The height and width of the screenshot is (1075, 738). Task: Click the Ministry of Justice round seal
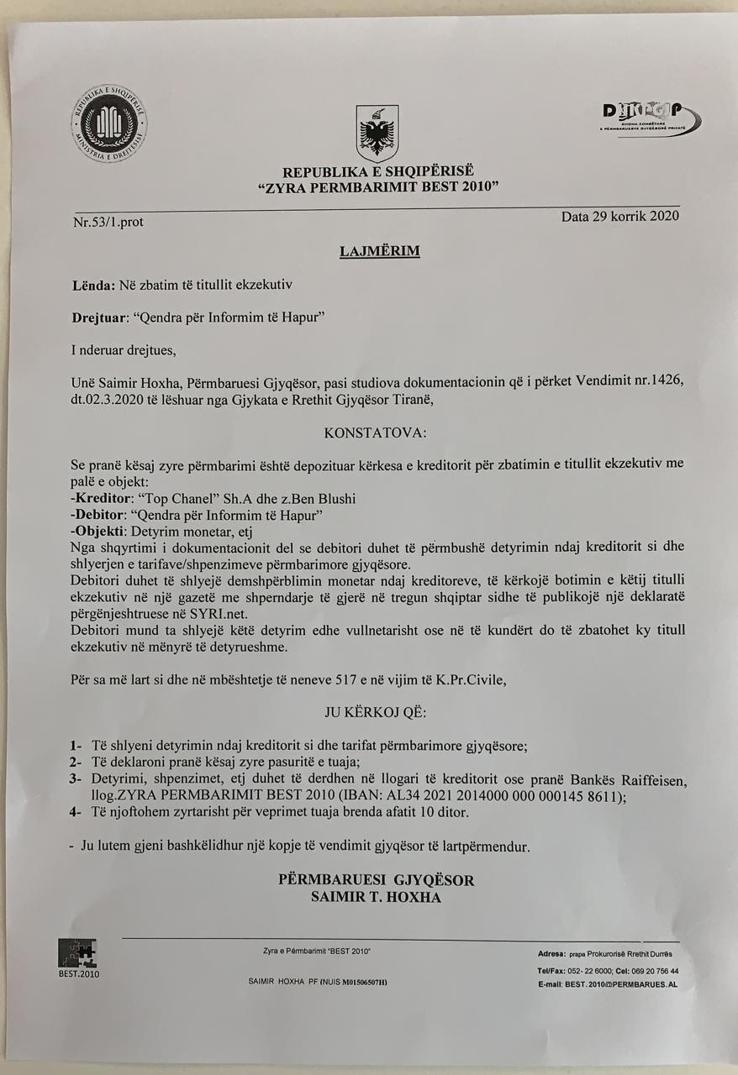(109, 123)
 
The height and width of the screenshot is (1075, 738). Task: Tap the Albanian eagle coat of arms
(377, 133)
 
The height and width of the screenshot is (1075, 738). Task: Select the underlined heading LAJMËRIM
(379, 251)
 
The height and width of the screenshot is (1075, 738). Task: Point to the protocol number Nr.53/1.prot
(108, 223)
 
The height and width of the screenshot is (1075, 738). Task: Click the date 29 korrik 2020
(620, 216)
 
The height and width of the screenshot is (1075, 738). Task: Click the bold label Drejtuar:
(100, 318)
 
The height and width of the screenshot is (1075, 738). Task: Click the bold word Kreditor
(103, 498)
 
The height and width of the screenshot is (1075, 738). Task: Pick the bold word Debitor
(102, 514)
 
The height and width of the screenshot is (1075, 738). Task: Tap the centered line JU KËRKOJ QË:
(375, 713)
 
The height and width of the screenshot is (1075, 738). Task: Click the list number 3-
(76, 779)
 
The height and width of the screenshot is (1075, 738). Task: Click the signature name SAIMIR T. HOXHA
(376, 897)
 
